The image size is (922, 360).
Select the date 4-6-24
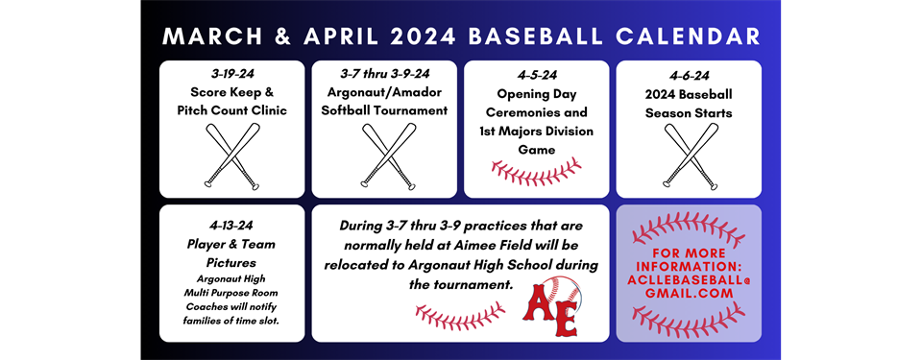click(688, 75)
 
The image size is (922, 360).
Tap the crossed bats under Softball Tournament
click(386, 156)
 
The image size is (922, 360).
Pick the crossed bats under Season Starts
click(690, 156)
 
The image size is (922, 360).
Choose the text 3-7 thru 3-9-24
click(385, 74)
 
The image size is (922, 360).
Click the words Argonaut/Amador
click(385, 92)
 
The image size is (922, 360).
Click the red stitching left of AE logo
click(459, 314)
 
